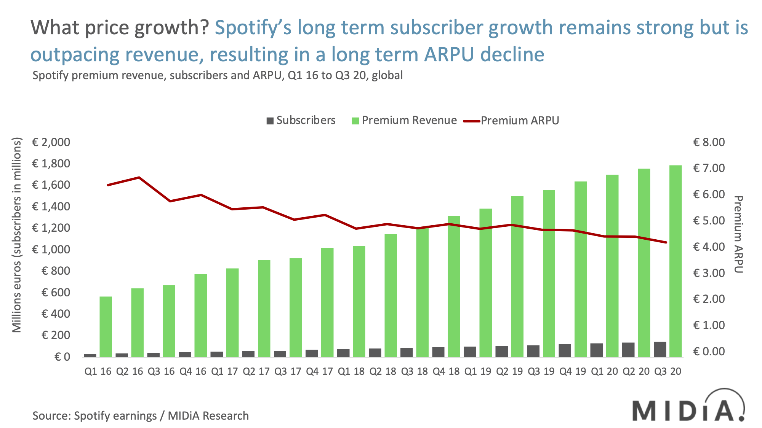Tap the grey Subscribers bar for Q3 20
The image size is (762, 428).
tap(660, 349)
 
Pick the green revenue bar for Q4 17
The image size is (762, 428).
tap(327, 302)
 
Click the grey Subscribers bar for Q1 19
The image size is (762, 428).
tap(470, 352)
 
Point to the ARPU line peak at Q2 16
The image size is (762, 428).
tap(139, 177)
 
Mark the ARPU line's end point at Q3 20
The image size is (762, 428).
tap(666, 242)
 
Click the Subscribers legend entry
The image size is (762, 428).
tap(301, 121)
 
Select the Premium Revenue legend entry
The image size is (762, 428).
tap(404, 121)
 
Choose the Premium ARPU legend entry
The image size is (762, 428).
tap(511, 121)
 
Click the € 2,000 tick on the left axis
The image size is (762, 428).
tap(51, 142)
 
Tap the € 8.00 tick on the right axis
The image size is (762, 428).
tap(709, 142)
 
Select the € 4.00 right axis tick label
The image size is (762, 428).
tap(709, 247)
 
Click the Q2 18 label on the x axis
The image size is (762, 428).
tap(384, 371)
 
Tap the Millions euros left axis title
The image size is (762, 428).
tap(17, 235)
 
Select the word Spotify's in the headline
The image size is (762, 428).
tap(254, 28)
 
